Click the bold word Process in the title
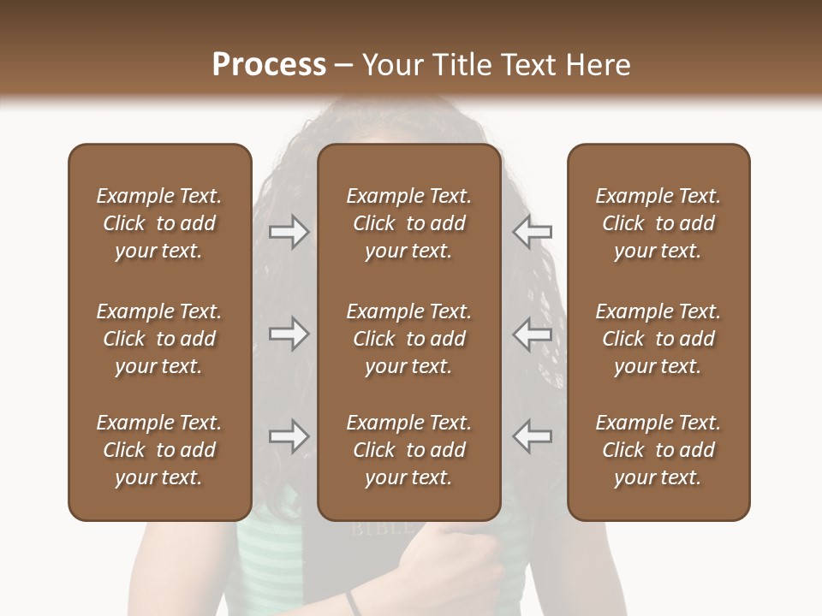[269, 65]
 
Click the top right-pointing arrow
[289, 232]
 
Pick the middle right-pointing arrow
[289, 334]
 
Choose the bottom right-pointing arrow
[289, 436]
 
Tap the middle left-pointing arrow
[532, 334]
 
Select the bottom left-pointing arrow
[532, 436]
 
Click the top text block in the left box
[159, 223]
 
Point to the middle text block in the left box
[159, 339]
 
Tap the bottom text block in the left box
[159, 450]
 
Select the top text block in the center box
[408, 223]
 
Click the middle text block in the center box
[408, 339]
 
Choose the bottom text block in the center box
[408, 450]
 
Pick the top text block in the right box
[658, 223]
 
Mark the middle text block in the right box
[658, 339]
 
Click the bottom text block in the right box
[658, 450]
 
